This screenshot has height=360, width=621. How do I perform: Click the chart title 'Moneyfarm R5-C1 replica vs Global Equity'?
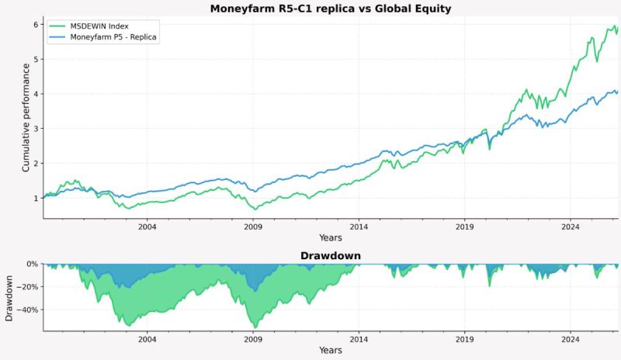[331, 9]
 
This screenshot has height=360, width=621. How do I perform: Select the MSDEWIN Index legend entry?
[100, 26]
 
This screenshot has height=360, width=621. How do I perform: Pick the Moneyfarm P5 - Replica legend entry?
[113, 37]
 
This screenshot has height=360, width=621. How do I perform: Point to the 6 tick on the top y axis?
[34, 25]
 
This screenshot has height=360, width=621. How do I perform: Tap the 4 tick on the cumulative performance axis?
[34, 94]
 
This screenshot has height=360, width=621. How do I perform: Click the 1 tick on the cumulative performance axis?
[34, 198]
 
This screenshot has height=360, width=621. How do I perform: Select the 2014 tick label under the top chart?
[359, 227]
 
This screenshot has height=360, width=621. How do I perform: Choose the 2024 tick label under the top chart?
[571, 227]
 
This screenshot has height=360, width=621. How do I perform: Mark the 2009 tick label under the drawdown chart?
[253, 339]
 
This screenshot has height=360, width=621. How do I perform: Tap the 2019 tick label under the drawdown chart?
[465, 339]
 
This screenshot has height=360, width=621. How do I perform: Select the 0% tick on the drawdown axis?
[31, 264]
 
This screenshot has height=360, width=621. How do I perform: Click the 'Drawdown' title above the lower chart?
[331, 255]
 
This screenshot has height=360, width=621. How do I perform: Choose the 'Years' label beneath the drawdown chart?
[331, 350]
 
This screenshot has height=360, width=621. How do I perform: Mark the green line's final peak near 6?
[616, 26]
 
